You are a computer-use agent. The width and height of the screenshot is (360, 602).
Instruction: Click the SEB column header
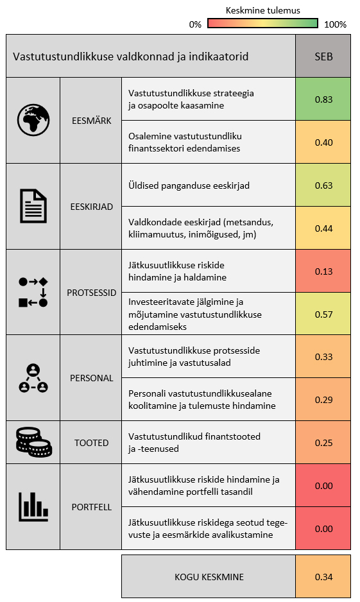click(323, 56)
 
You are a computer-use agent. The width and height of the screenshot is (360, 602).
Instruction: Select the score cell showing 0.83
click(323, 99)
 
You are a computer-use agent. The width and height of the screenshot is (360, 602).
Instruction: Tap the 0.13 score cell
click(323, 271)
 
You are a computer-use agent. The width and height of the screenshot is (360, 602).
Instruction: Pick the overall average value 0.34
click(323, 577)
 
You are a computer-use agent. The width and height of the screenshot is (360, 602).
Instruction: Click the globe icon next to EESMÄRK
click(33, 120)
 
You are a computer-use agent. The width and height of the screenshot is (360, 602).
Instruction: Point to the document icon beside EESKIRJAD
click(33, 206)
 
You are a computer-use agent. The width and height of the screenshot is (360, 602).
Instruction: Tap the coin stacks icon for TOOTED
click(33, 442)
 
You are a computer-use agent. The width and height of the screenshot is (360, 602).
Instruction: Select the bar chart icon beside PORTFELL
click(33, 507)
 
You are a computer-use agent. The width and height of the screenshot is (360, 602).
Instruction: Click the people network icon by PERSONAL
click(33, 378)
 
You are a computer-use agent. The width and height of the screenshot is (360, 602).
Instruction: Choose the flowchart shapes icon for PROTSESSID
click(33, 292)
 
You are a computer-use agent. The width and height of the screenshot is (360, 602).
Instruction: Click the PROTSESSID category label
click(91, 293)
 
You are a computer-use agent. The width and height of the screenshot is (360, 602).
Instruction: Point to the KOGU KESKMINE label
click(209, 577)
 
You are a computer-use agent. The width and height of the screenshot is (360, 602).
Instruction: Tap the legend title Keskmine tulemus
click(263, 10)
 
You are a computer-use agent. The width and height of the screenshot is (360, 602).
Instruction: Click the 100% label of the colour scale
click(335, 24)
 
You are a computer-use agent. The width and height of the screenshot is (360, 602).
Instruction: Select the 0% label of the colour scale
click(195, 24)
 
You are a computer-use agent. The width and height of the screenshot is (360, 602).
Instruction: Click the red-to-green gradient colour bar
click(263, 23)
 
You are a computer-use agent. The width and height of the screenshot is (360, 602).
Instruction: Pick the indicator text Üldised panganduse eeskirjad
click(189, 185)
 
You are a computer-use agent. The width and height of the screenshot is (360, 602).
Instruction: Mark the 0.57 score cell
click(323, 314)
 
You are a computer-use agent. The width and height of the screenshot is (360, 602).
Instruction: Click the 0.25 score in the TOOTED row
click(323, 442)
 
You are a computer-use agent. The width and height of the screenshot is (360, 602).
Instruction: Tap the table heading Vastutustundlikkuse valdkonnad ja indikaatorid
click(130, 56)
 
